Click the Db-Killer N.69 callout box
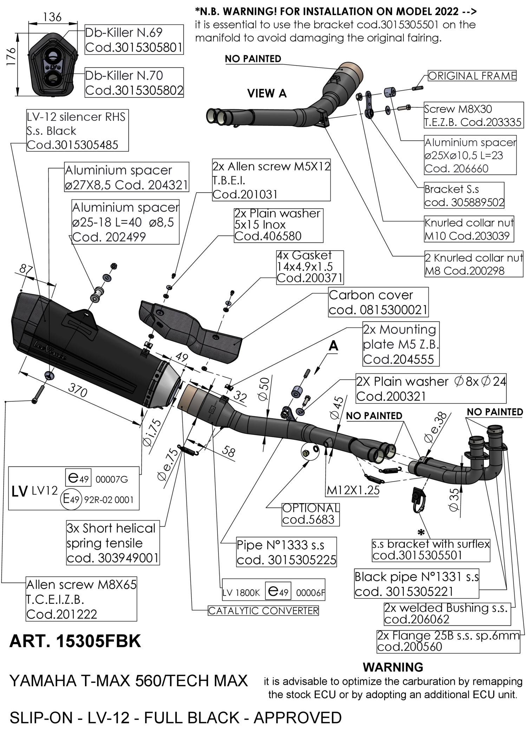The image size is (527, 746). (134, 39)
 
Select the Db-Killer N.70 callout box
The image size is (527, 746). (134, 83)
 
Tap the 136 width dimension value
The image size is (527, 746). (53, 17)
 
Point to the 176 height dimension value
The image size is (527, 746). (12, 56)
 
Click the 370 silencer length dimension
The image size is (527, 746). (77, 390)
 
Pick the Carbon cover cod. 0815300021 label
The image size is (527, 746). (378, 302)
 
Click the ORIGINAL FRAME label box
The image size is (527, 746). (472, 76)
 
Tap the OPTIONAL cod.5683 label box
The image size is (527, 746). (311, 514)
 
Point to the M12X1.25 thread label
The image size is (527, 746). (353, 490)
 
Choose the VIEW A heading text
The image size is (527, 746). (267, 94)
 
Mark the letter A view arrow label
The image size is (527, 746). (333, 346)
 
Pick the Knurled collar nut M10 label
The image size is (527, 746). (469, 229)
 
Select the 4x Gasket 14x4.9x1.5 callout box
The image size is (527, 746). (310, 267)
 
